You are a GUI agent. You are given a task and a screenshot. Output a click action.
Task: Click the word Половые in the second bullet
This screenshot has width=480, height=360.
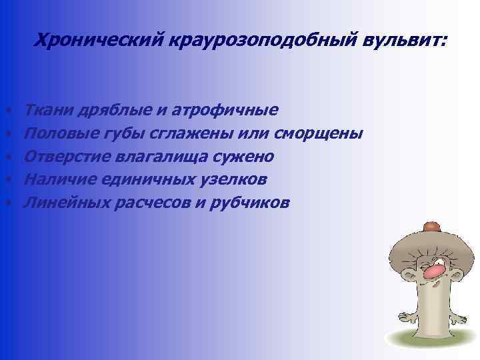coord(59,134)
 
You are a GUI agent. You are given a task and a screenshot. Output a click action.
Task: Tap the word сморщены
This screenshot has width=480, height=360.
coord(319,134)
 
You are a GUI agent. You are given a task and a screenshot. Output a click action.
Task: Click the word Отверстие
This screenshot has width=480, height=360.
coord(64,157)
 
